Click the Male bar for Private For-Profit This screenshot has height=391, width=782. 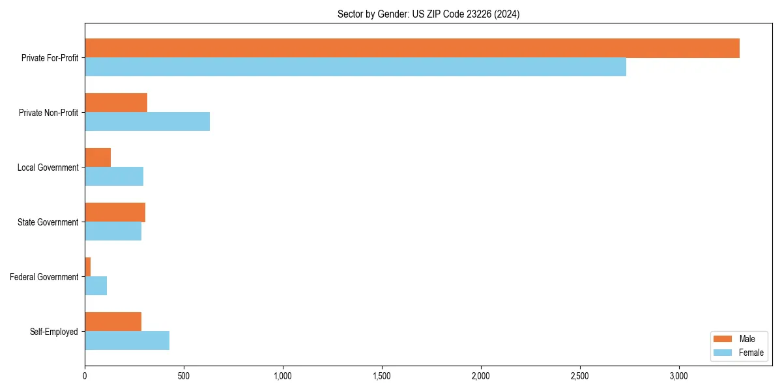pyautogui.click(x=412, y=48)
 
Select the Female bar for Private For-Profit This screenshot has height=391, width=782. pyautogui.click(x=355, y=67)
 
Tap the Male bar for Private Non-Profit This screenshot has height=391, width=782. pyautogui.click(x=116, y=103)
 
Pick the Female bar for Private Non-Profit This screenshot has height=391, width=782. pyautogui.click(x=147, y=122)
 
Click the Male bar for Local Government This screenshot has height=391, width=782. pyautogui.click(x=98, y=158)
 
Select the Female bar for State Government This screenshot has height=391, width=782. pyautogui.click(x=113, y=231)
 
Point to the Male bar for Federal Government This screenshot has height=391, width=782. pyautogui.click(x=88, y=267)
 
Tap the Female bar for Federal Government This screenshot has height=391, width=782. pyautogui.click(x=96, y=286)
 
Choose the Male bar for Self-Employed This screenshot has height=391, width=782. pyautogui.click(x=113, y=322)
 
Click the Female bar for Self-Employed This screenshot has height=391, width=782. pyautogui.click(x=127, y=341)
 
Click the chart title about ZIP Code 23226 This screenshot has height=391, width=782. pyautogui.click(x=428, y=14)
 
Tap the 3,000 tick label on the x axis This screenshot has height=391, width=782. pyautogui.click(x=679, y=376)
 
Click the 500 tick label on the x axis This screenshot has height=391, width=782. pyautogui.click(x=184, y=376)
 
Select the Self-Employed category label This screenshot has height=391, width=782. pyautogui.click(x=54, y=332)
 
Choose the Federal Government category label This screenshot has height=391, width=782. pyautogui.click(x=44, y=277)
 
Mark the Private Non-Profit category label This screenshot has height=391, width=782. pyautogui.click(x=48, y=113)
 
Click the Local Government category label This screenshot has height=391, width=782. pyautogui.click(x=48, y=167)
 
